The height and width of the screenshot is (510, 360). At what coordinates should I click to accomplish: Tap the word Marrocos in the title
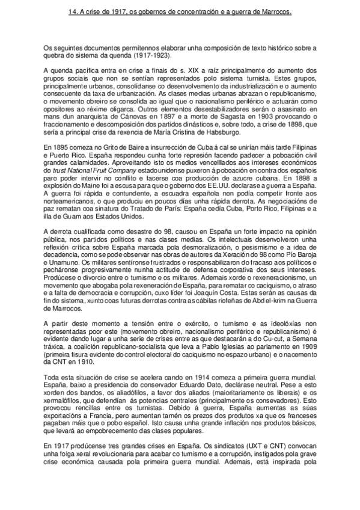[275, 11]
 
